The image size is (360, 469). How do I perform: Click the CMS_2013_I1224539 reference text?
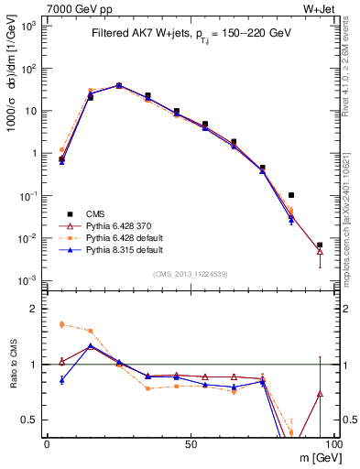pyautogui.click(x=190, y=273)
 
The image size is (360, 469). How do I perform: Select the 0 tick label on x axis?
pyautogui.click(x=47, y=442)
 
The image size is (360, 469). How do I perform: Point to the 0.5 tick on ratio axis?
pyautogui.click(x=31, y=420)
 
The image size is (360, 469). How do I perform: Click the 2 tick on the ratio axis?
pyautogui.click(x=36, y=309)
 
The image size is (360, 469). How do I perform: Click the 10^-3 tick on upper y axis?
pyautogui.click(x=30, y=279)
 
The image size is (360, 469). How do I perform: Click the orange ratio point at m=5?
pyautogui.click(x=61, y=324)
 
